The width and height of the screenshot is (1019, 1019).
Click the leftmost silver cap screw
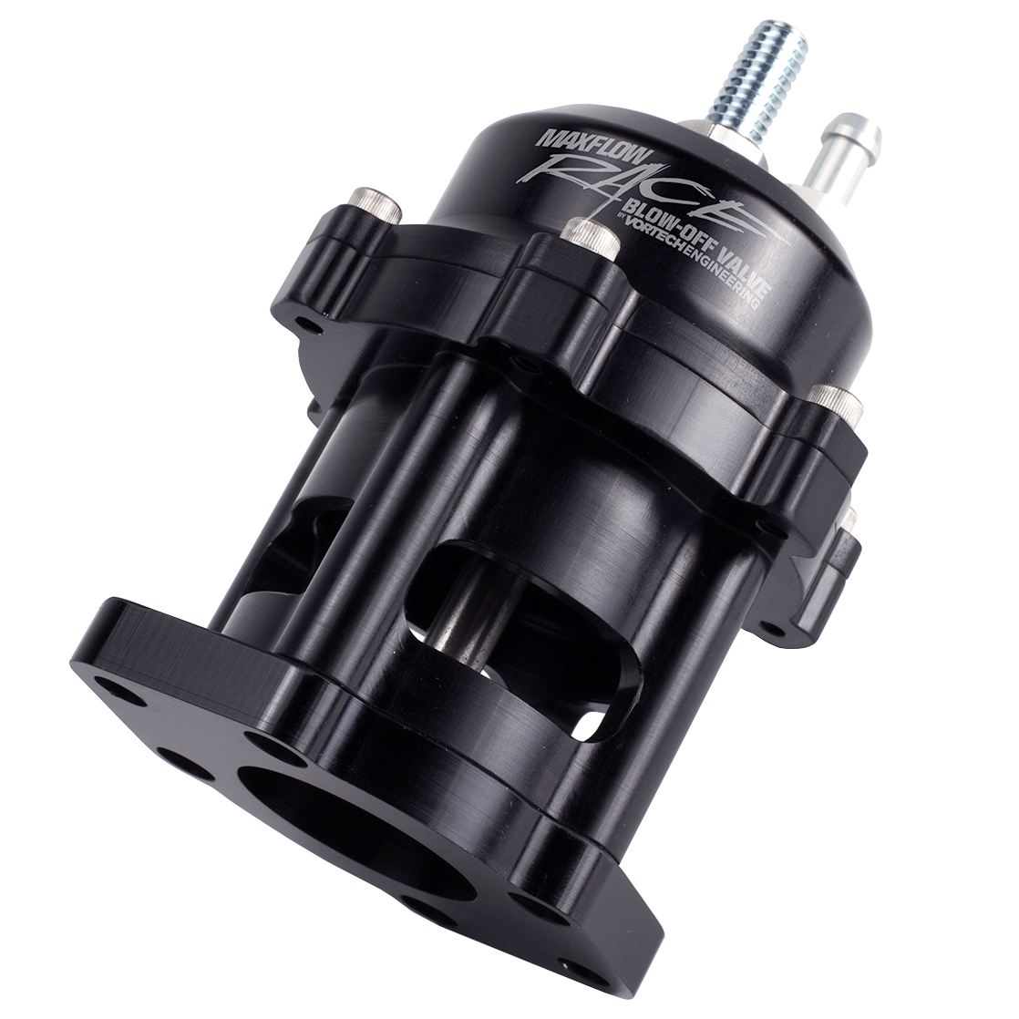coord(375,206)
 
